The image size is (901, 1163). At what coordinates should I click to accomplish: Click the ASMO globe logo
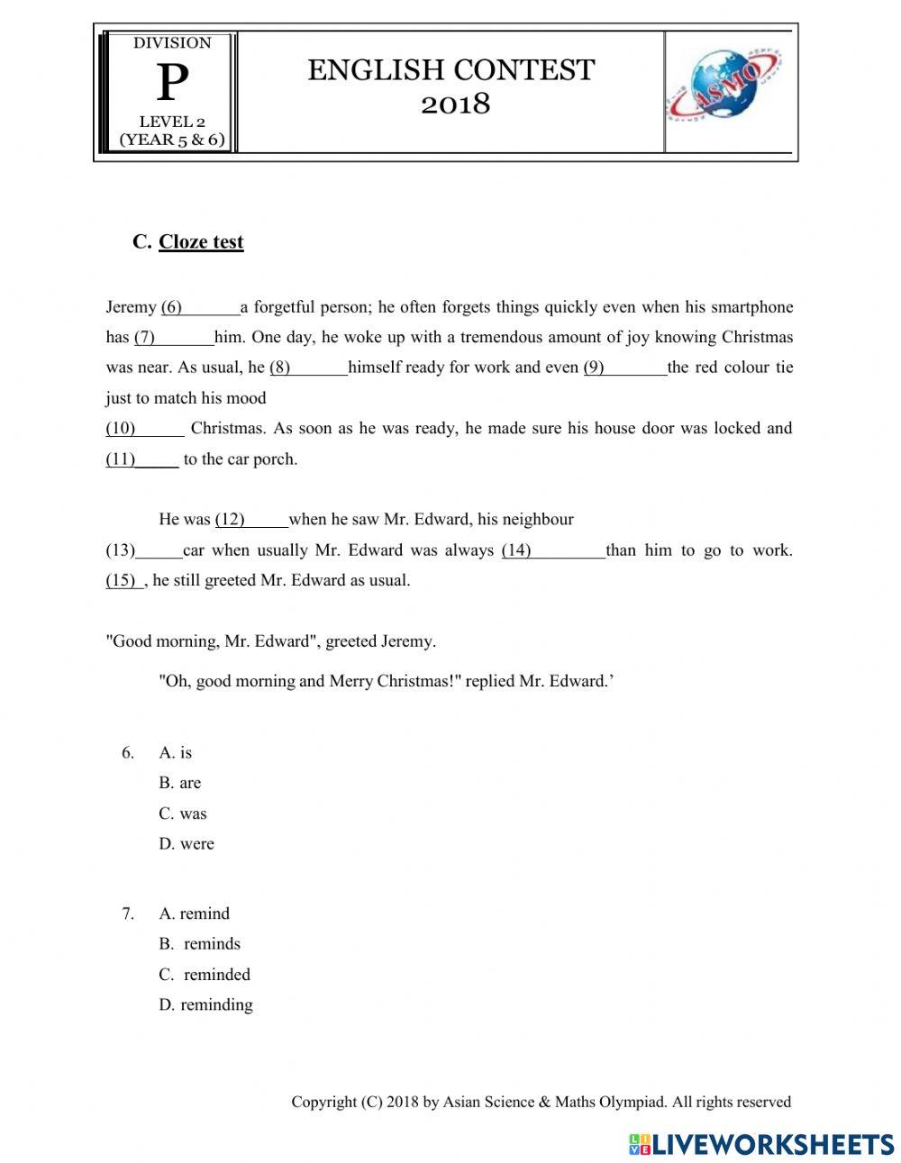724,90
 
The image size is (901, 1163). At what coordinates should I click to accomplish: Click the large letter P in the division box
172,85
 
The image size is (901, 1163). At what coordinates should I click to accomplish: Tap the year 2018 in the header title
456,104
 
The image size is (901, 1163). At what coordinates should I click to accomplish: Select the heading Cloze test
201,241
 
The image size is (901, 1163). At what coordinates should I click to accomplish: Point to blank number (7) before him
174,338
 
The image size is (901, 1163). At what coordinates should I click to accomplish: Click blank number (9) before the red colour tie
624,368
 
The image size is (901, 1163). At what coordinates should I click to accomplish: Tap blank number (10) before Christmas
144,428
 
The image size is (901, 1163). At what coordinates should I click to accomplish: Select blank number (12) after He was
250,519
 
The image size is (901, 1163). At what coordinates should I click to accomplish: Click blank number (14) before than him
552,550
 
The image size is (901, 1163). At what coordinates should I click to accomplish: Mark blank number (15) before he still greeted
123,580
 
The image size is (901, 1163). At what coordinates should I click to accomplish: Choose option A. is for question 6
176,753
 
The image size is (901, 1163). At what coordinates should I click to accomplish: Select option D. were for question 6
187,844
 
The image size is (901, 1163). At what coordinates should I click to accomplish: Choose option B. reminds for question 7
200,944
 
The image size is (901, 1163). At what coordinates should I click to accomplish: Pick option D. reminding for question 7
205,1004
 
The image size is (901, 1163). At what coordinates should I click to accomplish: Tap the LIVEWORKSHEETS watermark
761,1144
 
